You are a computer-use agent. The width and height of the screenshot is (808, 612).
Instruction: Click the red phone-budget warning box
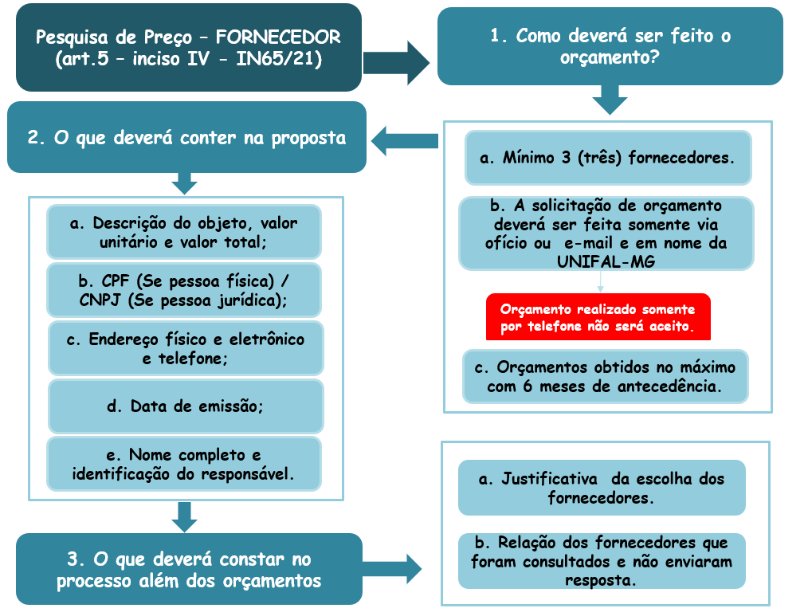point(598,317)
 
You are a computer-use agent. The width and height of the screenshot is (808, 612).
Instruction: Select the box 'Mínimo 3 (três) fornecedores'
point(608,158)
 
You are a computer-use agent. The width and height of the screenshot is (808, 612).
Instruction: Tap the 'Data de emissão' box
point(186,406)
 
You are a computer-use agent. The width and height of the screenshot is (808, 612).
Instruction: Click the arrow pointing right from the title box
point(396,63)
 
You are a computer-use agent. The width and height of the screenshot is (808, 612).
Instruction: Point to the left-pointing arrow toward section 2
point(405,141)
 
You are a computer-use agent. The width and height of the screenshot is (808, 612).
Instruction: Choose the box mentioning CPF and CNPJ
point(184,290)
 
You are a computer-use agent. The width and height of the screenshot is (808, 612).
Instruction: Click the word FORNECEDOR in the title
point(278,37)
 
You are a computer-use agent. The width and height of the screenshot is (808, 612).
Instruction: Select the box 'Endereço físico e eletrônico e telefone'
point(186,348)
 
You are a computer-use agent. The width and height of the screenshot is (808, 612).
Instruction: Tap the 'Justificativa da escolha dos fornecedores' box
point(602,488)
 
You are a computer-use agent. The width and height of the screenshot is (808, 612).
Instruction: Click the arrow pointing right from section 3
point(392,569)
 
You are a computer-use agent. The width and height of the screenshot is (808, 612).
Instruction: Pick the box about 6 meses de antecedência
point(606,377)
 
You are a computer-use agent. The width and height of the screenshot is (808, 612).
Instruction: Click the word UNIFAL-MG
point(606,261)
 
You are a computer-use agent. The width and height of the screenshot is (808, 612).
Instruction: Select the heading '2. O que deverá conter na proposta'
point(186,137)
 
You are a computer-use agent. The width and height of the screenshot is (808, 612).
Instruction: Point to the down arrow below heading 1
point(610,100)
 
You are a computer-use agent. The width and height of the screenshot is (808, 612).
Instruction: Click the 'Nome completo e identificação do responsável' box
point(184,464)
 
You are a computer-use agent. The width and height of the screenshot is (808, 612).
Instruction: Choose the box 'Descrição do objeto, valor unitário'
point(184,232)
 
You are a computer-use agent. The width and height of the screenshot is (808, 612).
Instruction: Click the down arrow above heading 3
point(185,516)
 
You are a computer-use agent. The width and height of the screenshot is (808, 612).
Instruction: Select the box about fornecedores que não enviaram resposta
point(602,561)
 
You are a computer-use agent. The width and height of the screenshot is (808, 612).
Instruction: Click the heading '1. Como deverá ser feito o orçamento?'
point(610,46)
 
